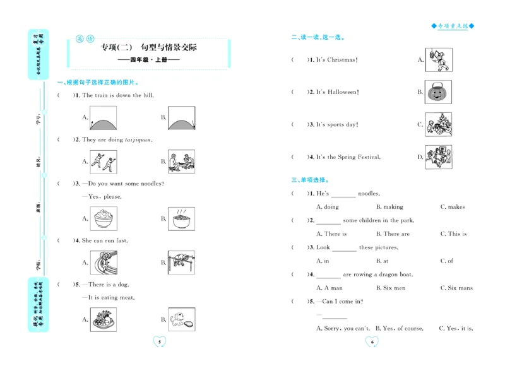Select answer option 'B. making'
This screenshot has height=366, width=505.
pyautogui.click(x=389, y=207)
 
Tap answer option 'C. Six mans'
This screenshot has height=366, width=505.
pyautogui.click(x=456, y=288)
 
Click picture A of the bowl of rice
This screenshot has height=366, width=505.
pyautogui.click(x=103, y=218)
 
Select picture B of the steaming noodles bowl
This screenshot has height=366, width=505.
pyautogui.click(x=181, y=218)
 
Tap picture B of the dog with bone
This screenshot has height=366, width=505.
pyautogui.click(x=181, y=319)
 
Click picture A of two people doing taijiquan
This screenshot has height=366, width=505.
pyautogui.click(x=103, y=162)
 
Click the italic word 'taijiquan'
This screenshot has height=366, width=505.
pyautogui.click(x=138, y=139)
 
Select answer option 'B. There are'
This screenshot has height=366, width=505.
pyautogui.click(x=392, y=234)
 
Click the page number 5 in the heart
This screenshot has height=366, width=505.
pyautogui.click(x=160, y=342)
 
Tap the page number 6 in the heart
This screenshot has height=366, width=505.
pyautogui.click(x=372, y=342)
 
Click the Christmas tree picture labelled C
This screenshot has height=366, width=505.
pyautogui.click(x=437, y=124)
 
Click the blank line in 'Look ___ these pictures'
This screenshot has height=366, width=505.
pyautogui.click(x=345, y=249)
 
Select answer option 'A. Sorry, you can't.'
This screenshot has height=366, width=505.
pyautogui.click(x=343, y=329)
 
